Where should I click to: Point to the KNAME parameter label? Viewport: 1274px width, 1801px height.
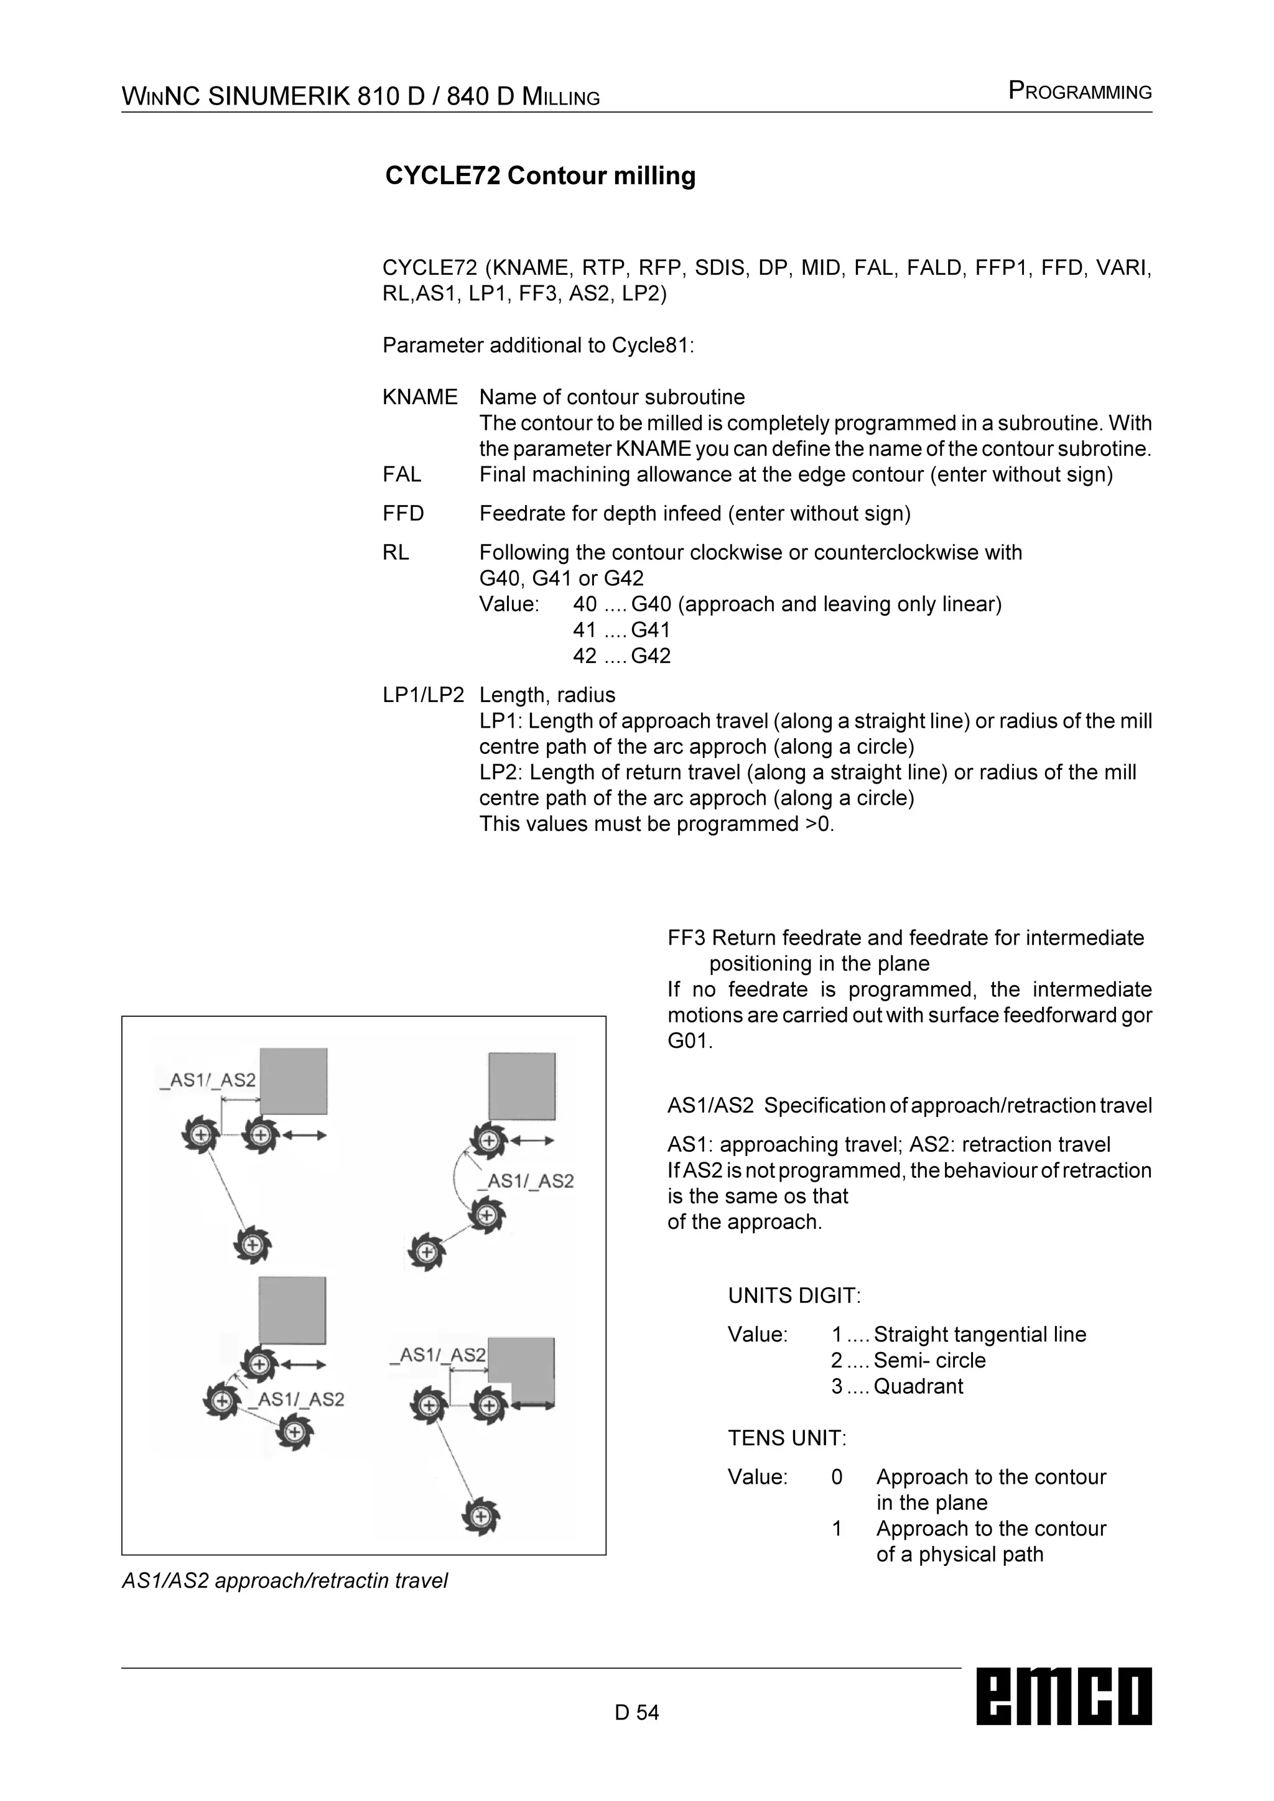pyautogui.click(x=420, y=397)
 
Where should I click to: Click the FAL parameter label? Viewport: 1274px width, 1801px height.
pyautogui.click(x=402, y=475)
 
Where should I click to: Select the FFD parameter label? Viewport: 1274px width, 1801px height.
pyautogui.click(x=403, y=514)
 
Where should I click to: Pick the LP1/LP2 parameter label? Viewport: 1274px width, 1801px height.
pyautogui.click(x=423, y=695)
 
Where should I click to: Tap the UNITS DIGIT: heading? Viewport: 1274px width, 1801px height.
pyautogui.click(x=794, y=1296)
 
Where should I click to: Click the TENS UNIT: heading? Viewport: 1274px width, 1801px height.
pyautogui.click(x=787, y=1438)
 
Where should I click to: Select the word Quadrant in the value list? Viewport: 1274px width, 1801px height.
pyautogui.click(x=918, y=1386)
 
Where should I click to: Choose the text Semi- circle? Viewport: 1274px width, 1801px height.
pyautogui.click(x=929, y=1360)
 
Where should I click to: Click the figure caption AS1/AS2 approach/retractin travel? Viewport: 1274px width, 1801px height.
pyautogui.click(x=285, y=1581)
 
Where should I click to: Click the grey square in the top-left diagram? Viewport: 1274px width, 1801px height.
pyautogui.click(x=294, y=1081)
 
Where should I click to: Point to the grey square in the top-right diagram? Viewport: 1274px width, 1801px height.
pyautogui.click(x=522, y=1086)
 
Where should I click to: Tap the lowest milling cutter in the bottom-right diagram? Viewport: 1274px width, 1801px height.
pyautogui.click(x=480, y=1516)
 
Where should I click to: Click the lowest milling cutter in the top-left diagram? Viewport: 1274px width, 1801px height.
pyautogui.click(x=253, y=1245)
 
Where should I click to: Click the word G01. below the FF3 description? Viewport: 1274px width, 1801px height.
pyautogui.click(x=690, y=1042)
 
